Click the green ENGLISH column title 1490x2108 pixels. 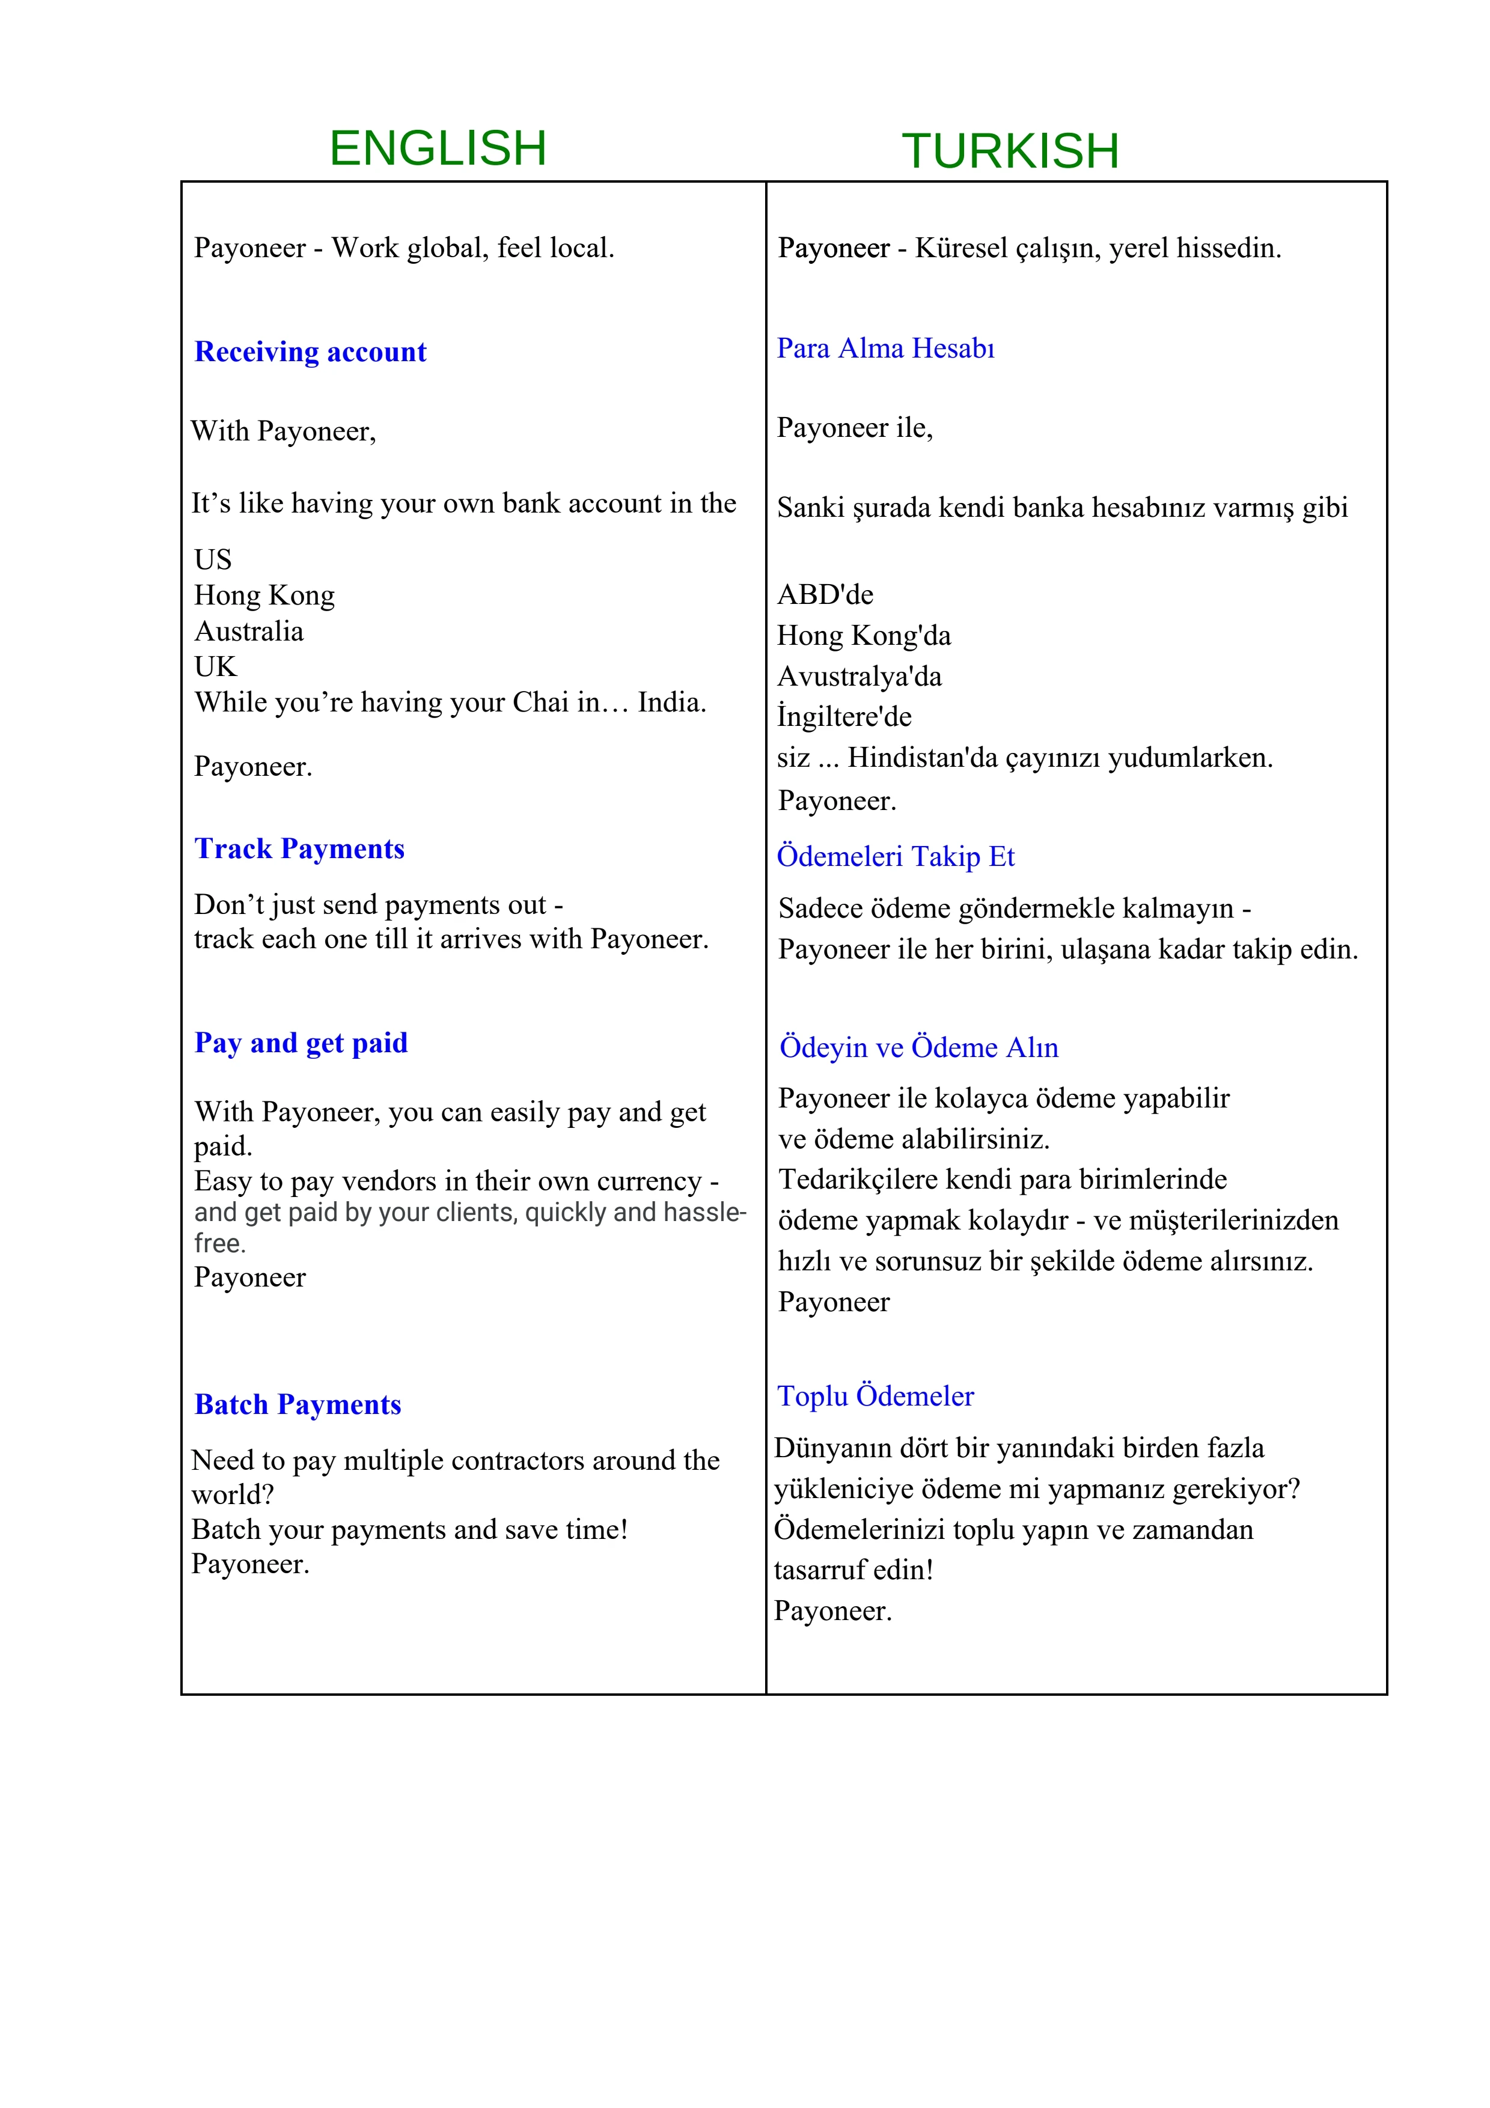438,149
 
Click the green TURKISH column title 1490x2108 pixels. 1010,151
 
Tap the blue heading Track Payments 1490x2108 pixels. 299,848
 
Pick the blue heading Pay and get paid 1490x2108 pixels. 301,1043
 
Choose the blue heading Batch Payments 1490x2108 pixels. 298,1405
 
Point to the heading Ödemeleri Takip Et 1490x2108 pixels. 895,857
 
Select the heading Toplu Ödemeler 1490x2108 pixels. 875,1397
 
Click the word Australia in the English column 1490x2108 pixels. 249,632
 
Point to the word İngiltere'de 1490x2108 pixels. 844,717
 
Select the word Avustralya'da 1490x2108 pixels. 859,677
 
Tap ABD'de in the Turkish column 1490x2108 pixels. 825,595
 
